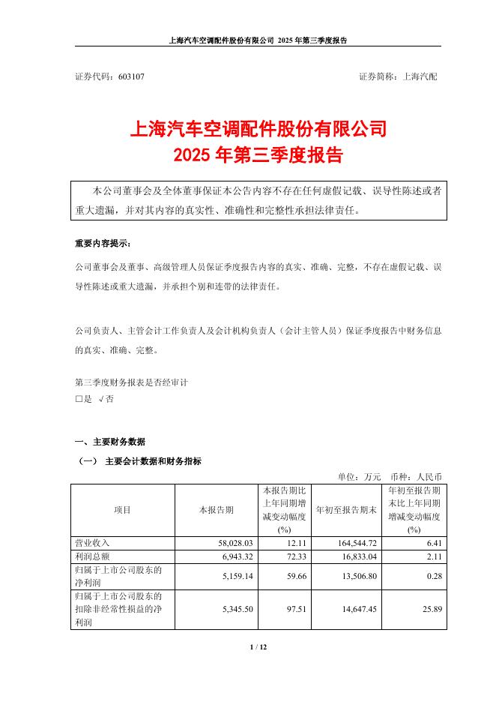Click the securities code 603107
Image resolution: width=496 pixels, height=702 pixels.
[x=131, y=76]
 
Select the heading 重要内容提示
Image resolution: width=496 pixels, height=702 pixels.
[x=102, y=244]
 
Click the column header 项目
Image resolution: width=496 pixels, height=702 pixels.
[x=122, y=510]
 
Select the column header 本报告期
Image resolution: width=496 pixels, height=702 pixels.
[x=216, y=510]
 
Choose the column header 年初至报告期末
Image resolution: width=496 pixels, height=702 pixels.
[x=345, y=510]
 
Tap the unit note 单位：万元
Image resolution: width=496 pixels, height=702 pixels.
[x=360, y=476]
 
